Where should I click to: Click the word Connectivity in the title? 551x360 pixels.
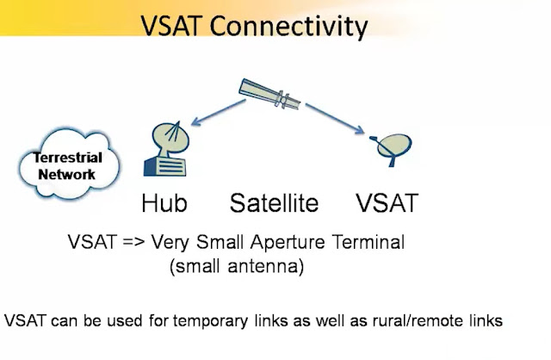(289, 27)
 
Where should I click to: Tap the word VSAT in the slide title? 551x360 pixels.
(171, 26)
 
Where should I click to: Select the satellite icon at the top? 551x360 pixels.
(269, 94)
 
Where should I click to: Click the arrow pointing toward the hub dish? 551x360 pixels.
(218, 112)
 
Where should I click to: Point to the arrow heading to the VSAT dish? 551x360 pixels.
(335, 119)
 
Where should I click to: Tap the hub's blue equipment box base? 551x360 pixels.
(164, 166)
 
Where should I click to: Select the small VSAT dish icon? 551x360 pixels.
(391, 149)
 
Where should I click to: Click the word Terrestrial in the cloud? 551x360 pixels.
(68, 158)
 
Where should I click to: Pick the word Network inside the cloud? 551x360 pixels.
(67, 174)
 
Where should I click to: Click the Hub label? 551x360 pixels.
(164, 203)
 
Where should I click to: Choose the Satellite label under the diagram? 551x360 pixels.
(274, 203)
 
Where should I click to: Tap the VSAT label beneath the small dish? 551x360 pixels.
(387, 203)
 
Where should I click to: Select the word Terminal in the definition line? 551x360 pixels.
(368, 242)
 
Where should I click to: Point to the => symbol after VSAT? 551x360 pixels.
(134, 243)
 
